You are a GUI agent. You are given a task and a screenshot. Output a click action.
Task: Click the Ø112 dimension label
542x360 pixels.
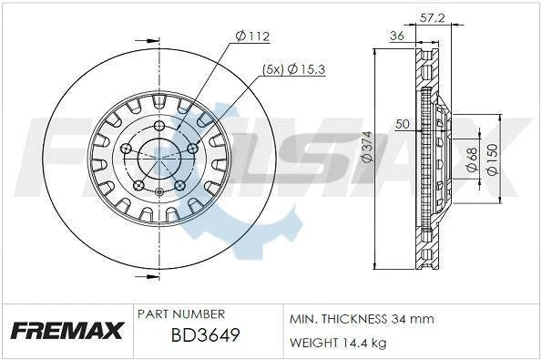pyautogui.click(x=254, y=36)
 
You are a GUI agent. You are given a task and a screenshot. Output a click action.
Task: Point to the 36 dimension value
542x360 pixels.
pyautogui.click(x=397, y=36)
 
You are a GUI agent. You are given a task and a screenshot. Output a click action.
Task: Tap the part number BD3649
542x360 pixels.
pyautogui.click(x=205, y=338)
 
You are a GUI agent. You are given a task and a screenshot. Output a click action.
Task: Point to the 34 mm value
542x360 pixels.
pyautogui.click(x=415, y=320)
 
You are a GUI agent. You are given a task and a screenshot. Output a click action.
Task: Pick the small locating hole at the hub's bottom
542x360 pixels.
pyautogui.click(x=159, y=191)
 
